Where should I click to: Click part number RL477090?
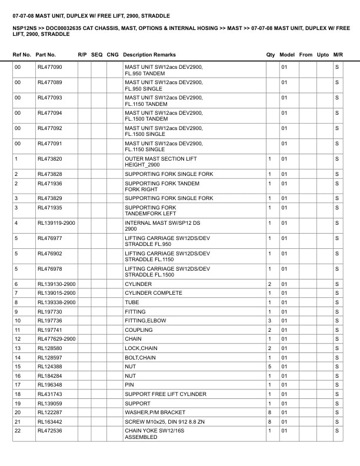point(50,67)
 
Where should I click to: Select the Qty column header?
point(271,55)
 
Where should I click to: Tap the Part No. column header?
point(46,55)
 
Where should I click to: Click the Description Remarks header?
point(149,55)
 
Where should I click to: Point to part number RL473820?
point(50,159)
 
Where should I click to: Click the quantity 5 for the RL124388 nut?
point(269,367)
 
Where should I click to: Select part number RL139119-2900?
point(56,224)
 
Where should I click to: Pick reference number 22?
point(18,431)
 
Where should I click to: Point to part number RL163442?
point(50,422)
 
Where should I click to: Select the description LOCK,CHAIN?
point(140,348)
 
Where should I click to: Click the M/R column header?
point(338,55)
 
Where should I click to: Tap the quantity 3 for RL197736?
point(269,321)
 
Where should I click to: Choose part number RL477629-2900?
point(56,339)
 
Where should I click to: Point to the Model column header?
point(287,55)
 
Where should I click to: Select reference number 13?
point(18,348)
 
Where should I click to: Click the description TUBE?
point(133,302)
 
